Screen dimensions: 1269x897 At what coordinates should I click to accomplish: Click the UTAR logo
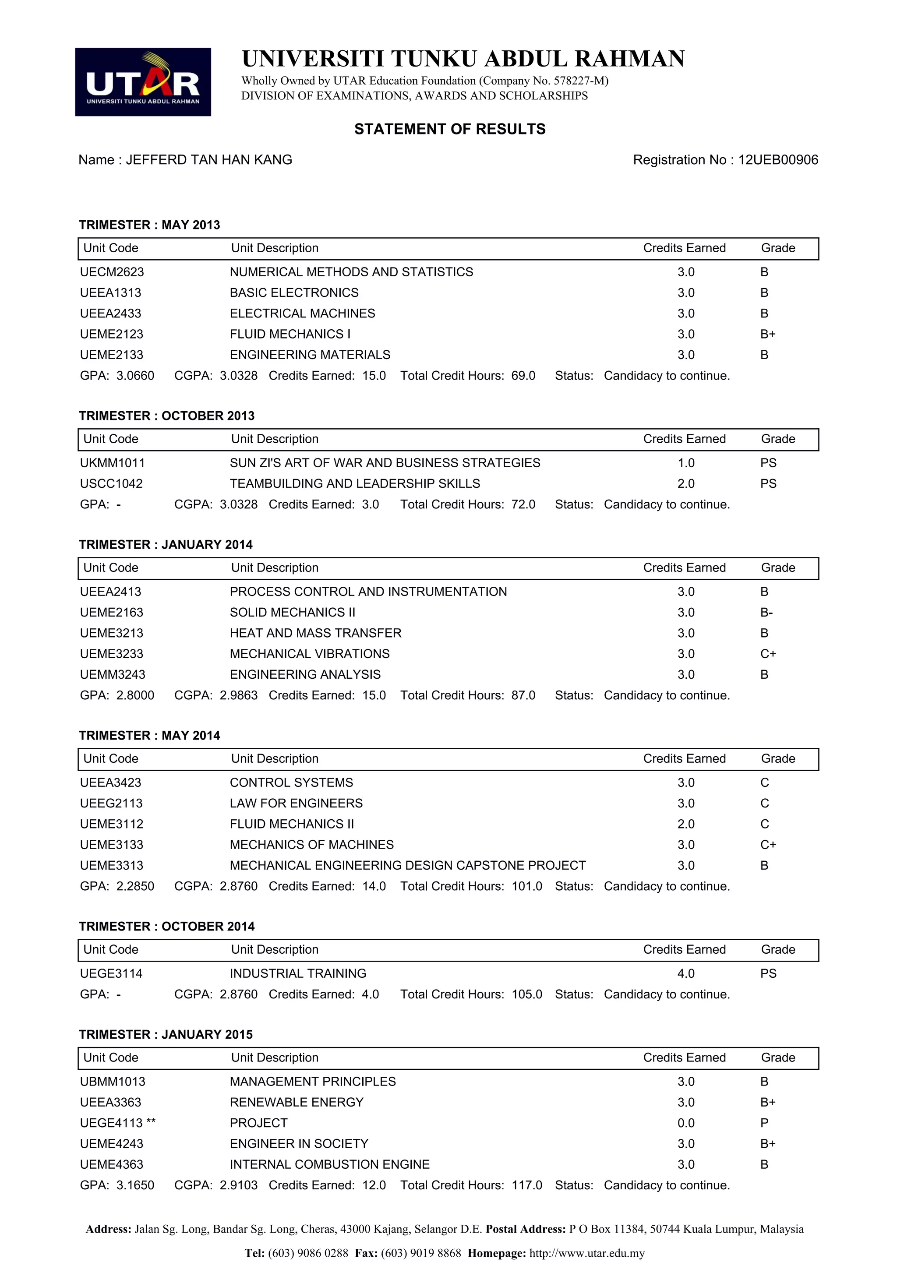(143, 82)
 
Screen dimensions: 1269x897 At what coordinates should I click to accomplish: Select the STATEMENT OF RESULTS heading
(449, 129)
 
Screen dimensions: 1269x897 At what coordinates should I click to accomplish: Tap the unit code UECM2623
(112, 272)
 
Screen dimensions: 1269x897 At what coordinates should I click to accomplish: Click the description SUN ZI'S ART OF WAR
(385, 463)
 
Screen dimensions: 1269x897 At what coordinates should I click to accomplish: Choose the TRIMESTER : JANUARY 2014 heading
(165, 545)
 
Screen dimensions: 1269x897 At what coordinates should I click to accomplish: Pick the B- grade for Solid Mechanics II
(766, 613)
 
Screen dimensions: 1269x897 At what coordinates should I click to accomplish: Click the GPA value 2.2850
(135, 887)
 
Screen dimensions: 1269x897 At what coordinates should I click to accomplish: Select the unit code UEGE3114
(111, 974)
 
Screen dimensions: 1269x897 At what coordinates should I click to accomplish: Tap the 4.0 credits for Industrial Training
(685, 974)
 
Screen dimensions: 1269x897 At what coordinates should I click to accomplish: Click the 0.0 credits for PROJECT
(685, 1123)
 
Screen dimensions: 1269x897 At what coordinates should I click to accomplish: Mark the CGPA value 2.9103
(238, 1185)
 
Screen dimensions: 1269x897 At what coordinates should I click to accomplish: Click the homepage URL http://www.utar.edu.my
(586, 1254)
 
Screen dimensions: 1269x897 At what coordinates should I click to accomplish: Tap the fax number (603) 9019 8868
(420, 1254)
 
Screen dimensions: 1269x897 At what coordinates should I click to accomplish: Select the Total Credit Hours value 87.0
(523, 696)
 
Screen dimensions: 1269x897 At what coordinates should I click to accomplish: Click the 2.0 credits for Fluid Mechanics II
(685, 825)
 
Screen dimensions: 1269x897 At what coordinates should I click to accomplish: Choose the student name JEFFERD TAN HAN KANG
(209, 160)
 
